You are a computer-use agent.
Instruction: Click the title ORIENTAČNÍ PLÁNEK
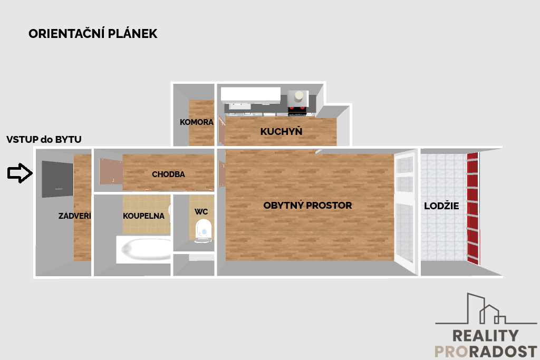93,34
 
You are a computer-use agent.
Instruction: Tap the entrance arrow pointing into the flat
20,173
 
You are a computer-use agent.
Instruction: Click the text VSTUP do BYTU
44,139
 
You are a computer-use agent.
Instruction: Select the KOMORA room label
197,122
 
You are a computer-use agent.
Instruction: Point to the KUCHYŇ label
282,131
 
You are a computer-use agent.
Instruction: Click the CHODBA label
168,174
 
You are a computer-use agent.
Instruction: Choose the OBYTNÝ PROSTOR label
307,205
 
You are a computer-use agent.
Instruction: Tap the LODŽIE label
441,206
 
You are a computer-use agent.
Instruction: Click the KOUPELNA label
143,216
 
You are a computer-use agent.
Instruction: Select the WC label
201,211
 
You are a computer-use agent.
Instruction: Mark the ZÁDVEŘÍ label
75,216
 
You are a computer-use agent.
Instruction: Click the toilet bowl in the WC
203,231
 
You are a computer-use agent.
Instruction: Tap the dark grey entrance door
57,179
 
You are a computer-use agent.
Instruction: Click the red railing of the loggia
473,208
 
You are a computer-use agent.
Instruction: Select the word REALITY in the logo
485,336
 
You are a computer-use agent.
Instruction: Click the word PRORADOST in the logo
486,352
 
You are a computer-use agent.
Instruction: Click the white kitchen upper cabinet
250,94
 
